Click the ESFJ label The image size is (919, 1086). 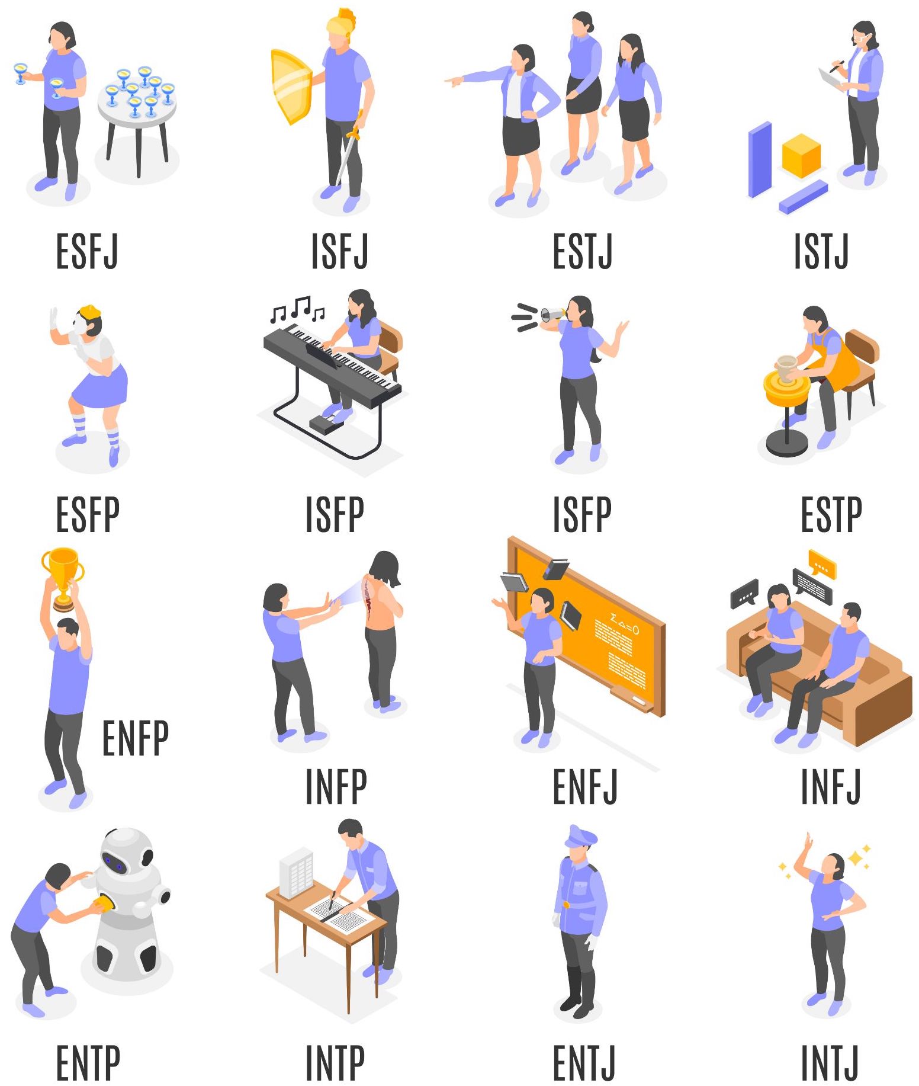point(87,251)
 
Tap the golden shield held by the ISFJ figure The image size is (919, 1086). point(291,86)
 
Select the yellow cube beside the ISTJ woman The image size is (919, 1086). point(801,155)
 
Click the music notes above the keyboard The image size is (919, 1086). point(297,309)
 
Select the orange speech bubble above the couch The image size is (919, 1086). point(822,564)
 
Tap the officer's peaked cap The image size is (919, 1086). point(581,837)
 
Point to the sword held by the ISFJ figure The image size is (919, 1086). point(349,149)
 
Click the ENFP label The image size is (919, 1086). point(136,738)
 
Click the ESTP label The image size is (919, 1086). point(831,514)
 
